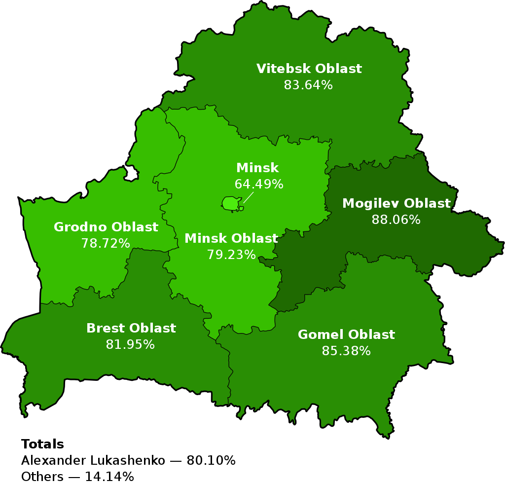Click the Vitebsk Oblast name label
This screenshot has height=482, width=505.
tap(309, 69)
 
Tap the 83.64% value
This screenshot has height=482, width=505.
tap(308, 85)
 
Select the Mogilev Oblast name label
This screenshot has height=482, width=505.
tap(396, 204)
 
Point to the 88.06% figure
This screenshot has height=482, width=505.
tap(396, 220)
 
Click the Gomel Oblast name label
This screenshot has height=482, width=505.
tap(346, 335)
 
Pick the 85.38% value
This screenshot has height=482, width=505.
tap(346, 351)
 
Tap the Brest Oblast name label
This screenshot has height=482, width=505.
tap(131, 329)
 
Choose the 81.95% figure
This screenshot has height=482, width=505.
tap(130, 345)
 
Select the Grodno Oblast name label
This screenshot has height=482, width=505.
tap(106, 227)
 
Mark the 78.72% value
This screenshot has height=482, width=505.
tap(106, 244)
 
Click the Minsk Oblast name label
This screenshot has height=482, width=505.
tap(231, 239)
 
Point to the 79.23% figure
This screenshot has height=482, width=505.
tap(231, 255)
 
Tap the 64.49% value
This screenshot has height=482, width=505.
tap(258, 185)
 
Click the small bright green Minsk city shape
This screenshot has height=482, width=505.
tap(230, 203)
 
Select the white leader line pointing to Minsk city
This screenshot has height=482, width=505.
tap(248, 197)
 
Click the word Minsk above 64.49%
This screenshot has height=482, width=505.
tap(257, 168)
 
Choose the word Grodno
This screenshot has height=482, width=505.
tap(80, 227)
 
